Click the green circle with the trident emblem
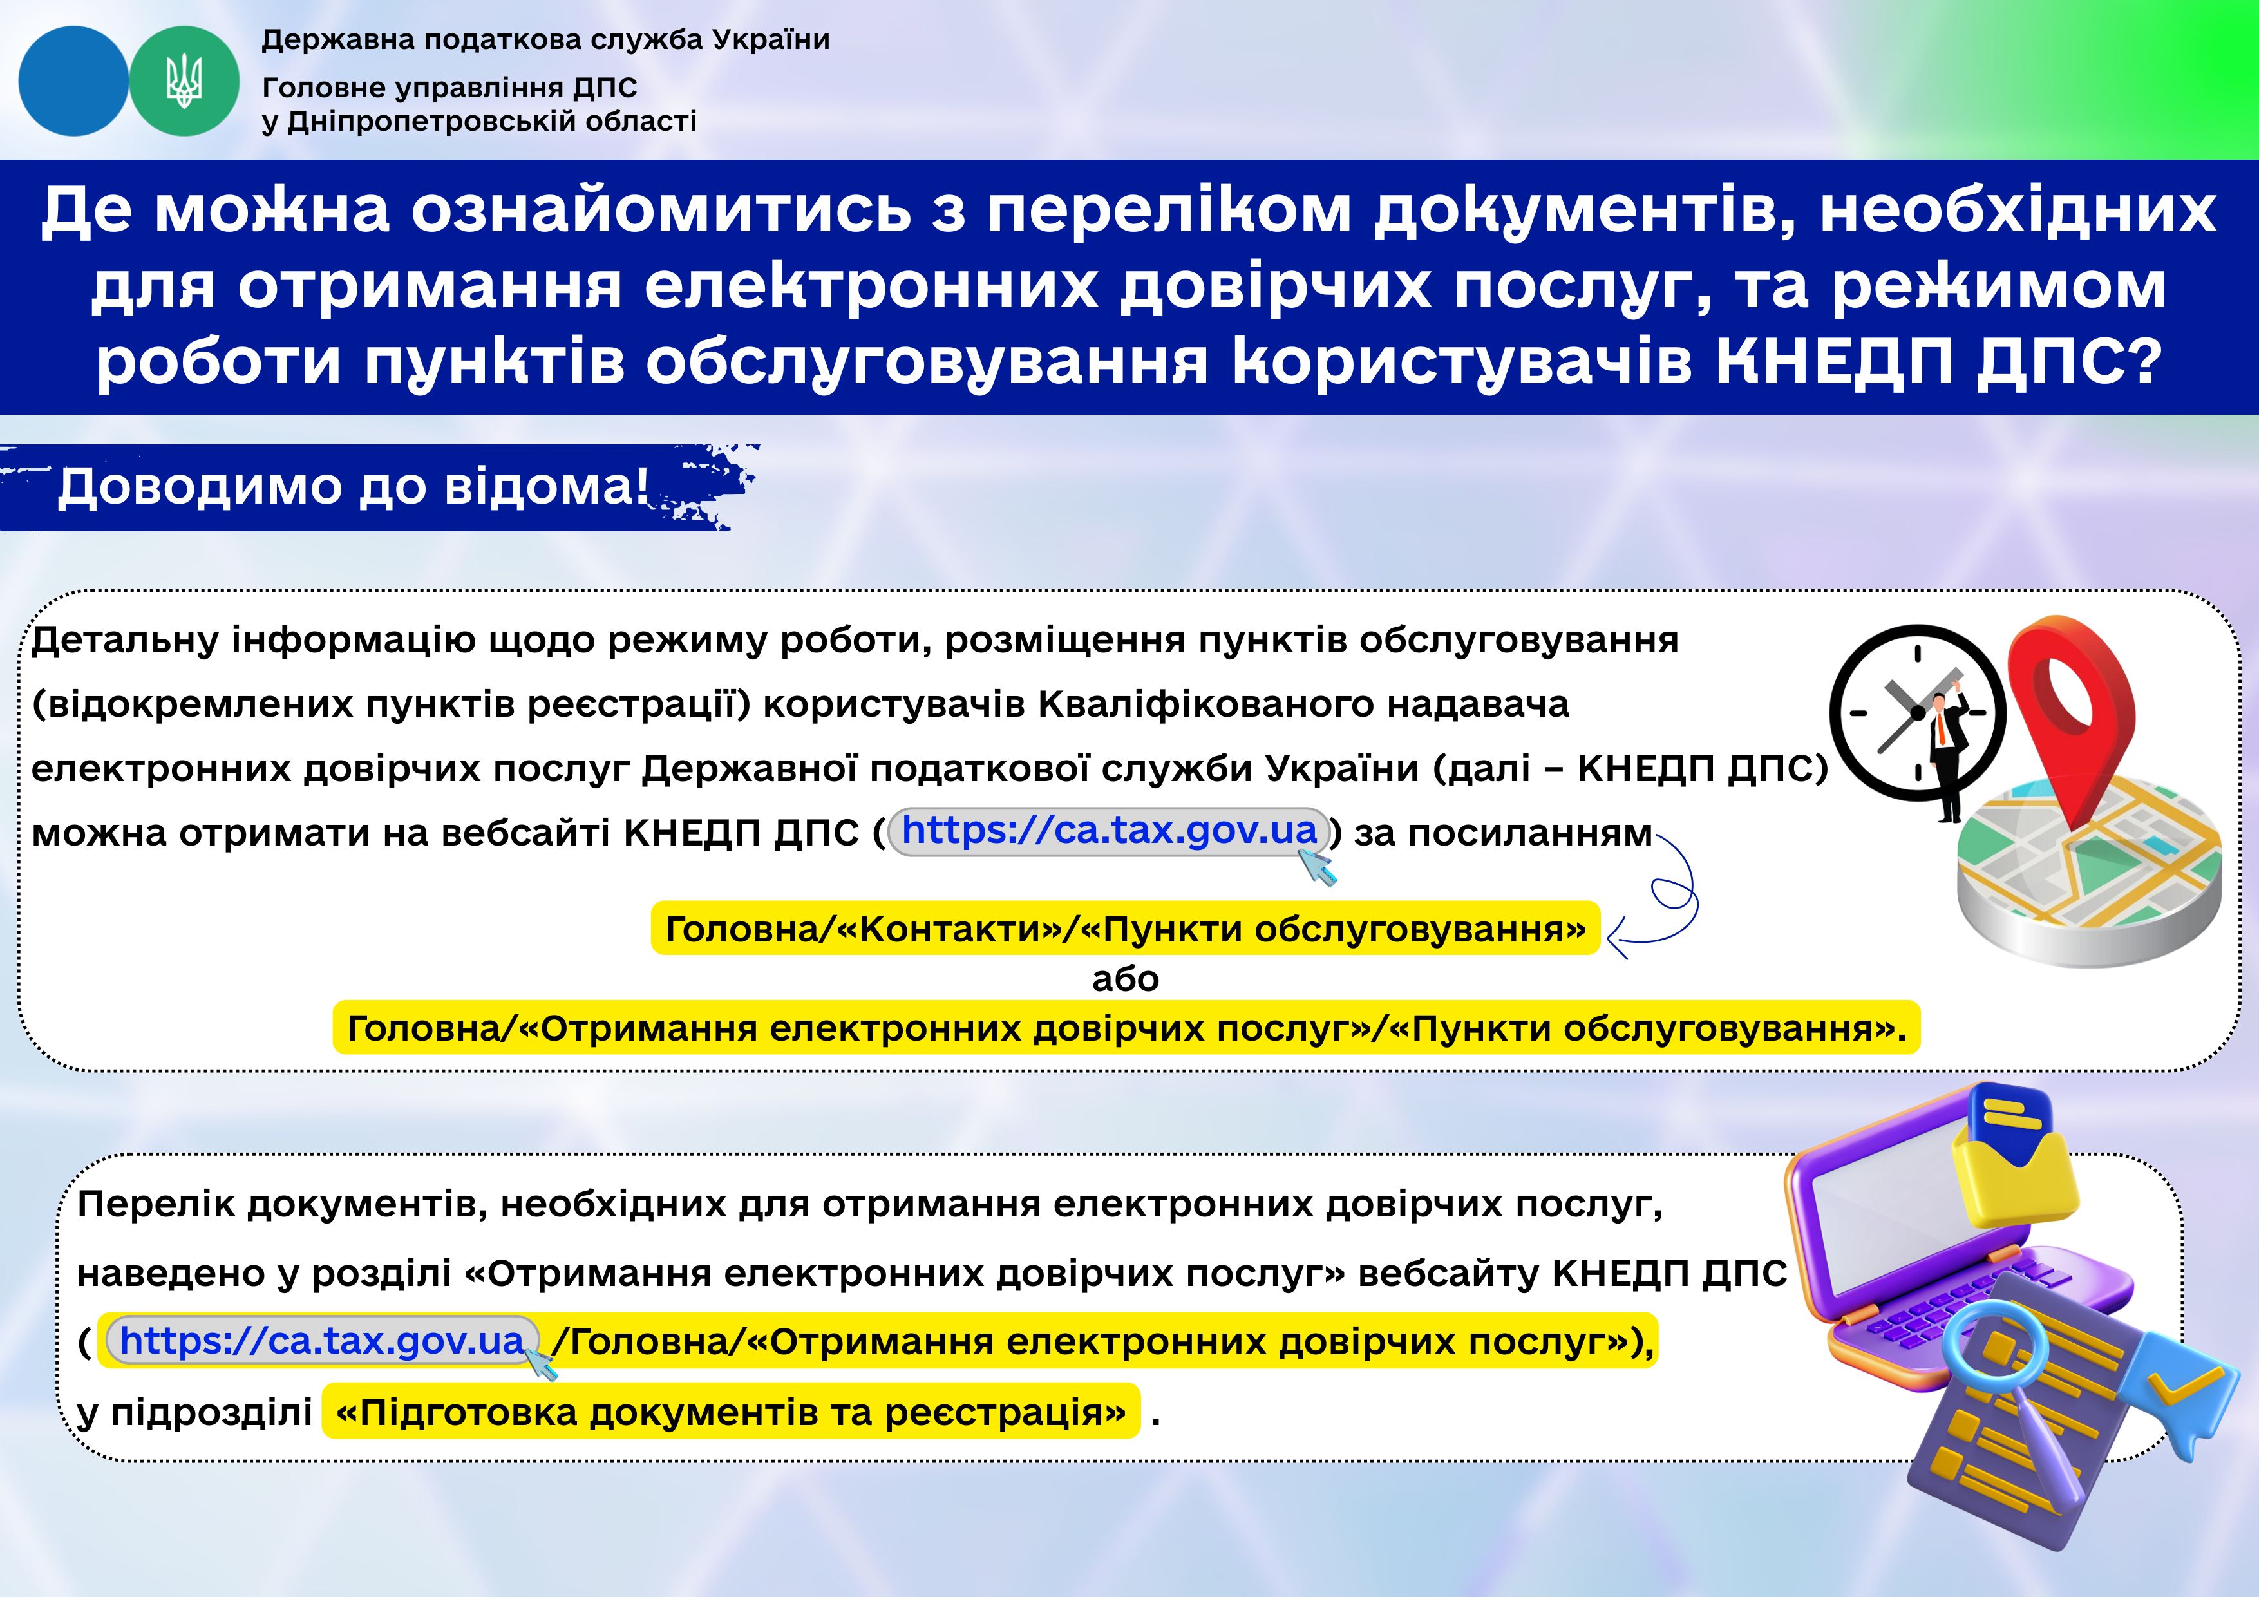coord(184,80)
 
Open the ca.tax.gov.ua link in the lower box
coord(322,1340)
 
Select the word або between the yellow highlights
coord(1126,978)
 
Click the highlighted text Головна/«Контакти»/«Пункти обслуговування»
coord(1126,928)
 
